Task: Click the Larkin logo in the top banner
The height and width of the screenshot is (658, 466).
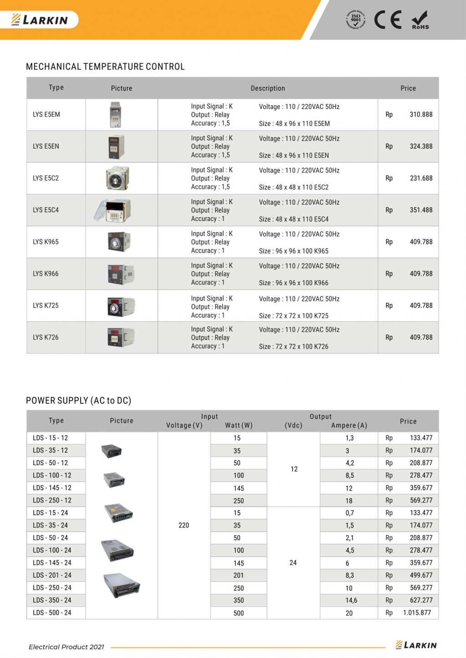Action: pyautogui.click(x=40, y=20)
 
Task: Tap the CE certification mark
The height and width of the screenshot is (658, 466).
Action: pyautogui.click(x=388, y=20)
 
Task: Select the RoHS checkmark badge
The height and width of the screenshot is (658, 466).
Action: pyautogui.click(x=420, y=20)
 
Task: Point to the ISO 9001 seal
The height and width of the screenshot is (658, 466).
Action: pyautogui.click(x=355, y=19)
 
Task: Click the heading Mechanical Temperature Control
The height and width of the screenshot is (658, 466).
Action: pyautogui.click(x=105, y=67)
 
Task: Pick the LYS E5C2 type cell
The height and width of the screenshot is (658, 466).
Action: pyautogui.click(x=46, y=178)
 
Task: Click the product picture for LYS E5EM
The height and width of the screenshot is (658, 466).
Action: pyautogui.click(x=116, y=115)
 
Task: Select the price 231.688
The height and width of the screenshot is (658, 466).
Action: pyautogui.click(x=421, y=178)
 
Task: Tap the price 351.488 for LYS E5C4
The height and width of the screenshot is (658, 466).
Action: pyautogui.click(x=421, y=210)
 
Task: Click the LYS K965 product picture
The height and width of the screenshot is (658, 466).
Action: pyautogui.click(x=119, y=241)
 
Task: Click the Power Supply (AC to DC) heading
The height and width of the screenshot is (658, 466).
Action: pyautogui.click(x=78, y=401)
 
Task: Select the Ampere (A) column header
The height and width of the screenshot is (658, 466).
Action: pyautogui.click(x=349, y=426)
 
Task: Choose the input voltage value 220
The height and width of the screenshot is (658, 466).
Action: pyautogui.click(x=184, y=525)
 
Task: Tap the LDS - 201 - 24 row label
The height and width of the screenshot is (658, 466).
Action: pyautogui.click(x=52, y=575)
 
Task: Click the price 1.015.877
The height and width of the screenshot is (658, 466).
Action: pyautogui.click(x=417, y=613)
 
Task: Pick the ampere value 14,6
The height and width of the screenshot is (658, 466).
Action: pyautogui.click(x=351, y=600)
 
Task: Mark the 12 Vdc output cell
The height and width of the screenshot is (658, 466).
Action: pyautogui.click(x=294, y=469)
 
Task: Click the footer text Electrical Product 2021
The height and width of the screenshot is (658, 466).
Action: pyautogui.click(x=66, y=647)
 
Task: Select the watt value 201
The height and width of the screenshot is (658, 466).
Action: pyautogui.click(x=238, y=575)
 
